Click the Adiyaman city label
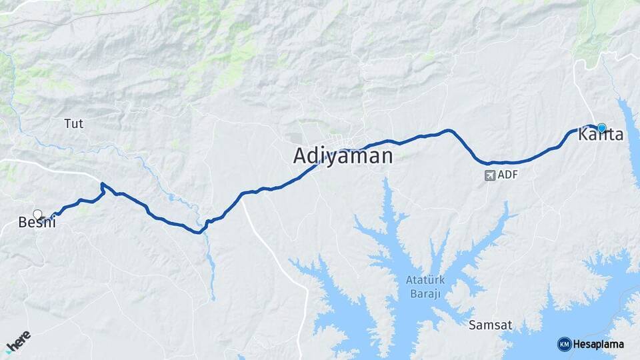tap(343, 156)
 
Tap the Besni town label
tap(36, 223)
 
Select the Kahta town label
tap(601, 135)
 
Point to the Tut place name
tap(73, 123)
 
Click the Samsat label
tap(490, 325)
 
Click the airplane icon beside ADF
tap(490, 175)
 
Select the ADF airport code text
tap(508, 175)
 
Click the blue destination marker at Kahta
tap(601, 127)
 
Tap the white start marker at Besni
tap(37, 214)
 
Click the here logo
tap(18, 341)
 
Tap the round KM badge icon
tap(564, 344)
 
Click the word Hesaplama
tap(599, 344)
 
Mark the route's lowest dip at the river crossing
tap(198, 233)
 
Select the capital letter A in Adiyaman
tap(301, 156)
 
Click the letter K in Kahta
tap(585, 135)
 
